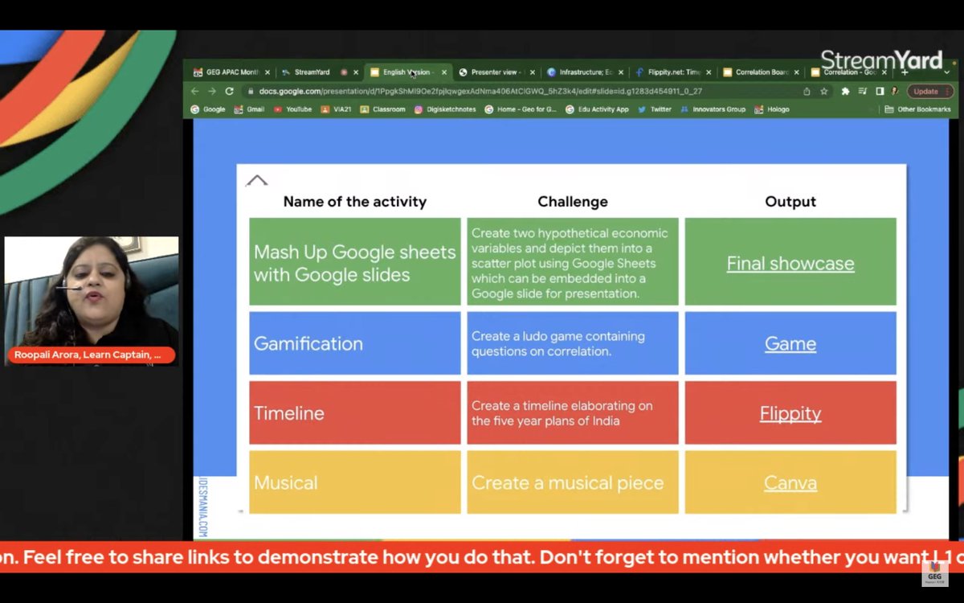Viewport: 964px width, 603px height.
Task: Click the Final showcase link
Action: pos(790,264)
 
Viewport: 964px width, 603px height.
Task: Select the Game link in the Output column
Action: pos(790,344)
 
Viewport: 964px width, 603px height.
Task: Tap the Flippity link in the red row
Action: pos(790,413)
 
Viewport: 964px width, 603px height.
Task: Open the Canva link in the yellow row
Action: pos(790,483)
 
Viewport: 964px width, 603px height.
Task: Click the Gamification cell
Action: pos(354,343)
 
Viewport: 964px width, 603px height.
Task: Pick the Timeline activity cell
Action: pos(354,413)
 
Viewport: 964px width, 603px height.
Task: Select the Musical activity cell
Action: pos(354,482)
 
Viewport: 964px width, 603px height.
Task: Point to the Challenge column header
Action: pos(572,202)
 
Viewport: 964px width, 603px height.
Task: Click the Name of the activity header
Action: pos(354,202)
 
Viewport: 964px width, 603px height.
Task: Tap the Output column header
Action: pos(790,202)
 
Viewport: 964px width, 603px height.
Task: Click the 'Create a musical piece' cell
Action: pos(572,482)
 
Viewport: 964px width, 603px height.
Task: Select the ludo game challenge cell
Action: pos(572,343)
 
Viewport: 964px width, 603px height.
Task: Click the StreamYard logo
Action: pos(881,61)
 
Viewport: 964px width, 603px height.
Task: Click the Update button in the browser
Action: pos(926,92)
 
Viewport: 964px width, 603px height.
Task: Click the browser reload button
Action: pos(230,92)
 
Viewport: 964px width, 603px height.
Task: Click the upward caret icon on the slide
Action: pos(257,180)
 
